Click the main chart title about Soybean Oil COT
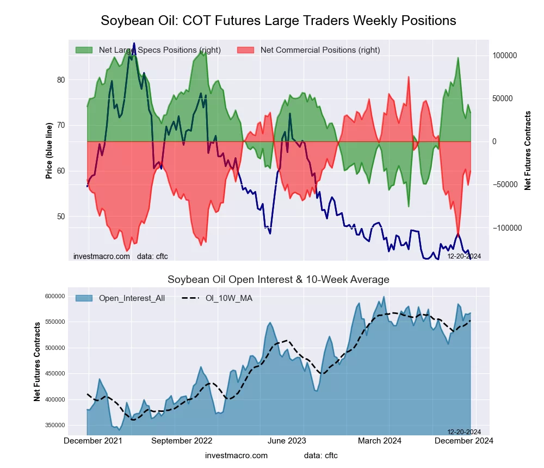278,21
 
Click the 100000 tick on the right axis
504,56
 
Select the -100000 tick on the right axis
503,227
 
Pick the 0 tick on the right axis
494,141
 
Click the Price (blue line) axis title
50,151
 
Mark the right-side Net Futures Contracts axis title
528,150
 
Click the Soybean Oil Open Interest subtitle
278,280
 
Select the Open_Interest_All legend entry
132,298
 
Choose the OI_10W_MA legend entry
228,298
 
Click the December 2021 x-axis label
93,441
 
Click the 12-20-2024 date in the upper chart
463,256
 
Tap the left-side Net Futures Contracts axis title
38,361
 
